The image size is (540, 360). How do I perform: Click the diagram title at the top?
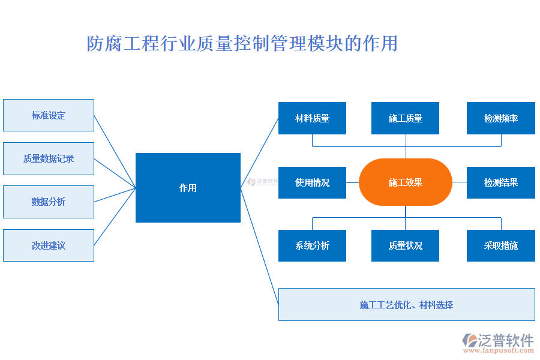[x=242, y=44]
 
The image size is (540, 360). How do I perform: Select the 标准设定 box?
[x=49, y=115]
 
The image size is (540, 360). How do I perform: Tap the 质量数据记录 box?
[x=49, y=158]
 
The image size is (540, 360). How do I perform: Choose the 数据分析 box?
[x=49, y=202]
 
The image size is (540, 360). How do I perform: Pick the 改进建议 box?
[x=49, y=245]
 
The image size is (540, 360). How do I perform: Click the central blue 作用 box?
[x=188, y=188]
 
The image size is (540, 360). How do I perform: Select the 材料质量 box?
[x=312, y=118]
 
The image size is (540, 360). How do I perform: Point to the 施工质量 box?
[x=405, y=118]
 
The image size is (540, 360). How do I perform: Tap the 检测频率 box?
[x=500, y=118]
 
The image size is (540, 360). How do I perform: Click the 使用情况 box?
[x=312, y=182]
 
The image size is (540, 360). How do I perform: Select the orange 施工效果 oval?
[x=405, y=182]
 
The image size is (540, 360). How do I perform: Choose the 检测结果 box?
[x=500, y=182]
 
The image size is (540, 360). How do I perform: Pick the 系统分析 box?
[x=312, y=245]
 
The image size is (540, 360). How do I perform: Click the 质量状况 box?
[x=405, y=245]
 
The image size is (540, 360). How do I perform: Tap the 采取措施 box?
[x=500, y=245]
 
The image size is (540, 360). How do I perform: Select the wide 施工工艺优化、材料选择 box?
[x=406, y=305]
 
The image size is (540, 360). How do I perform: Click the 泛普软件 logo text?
[x=506, y=340]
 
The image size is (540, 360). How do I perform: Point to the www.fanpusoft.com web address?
[x=500, y=352]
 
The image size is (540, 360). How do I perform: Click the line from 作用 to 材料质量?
[x=260, y=153]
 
